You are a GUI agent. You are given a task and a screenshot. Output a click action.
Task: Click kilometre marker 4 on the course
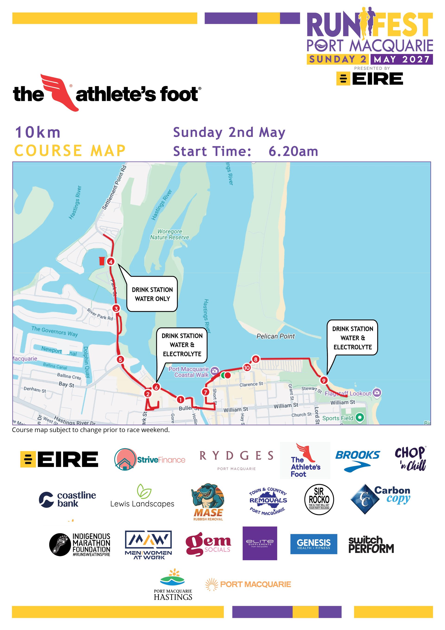point(111,262)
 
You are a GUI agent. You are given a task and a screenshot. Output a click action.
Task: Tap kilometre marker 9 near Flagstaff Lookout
point(324,380)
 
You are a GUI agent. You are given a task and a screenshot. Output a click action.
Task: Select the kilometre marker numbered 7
point(206,392)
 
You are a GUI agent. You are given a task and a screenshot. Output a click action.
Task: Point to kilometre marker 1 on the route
point(180,399)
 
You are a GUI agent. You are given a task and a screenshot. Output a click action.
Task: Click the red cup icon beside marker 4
point(102,261)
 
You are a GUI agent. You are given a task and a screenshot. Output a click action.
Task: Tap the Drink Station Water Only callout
point(152,294)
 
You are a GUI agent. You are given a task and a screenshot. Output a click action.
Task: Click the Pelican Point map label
point(275,336)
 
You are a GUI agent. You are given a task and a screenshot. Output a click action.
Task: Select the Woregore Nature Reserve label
point(170,235)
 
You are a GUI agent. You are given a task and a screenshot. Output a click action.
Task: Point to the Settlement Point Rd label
point(114,187)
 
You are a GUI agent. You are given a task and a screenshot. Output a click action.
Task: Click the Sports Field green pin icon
point(360,418)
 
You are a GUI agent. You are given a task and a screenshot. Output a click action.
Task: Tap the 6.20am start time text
point(293,152)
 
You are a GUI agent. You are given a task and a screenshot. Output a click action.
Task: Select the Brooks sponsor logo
point(357,461)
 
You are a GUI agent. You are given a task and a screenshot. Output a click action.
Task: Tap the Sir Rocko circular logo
point(319,499)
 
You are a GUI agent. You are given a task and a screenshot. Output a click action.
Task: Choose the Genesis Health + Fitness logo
point(314,544)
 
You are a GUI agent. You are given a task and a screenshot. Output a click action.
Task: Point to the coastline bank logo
point(68,499)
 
